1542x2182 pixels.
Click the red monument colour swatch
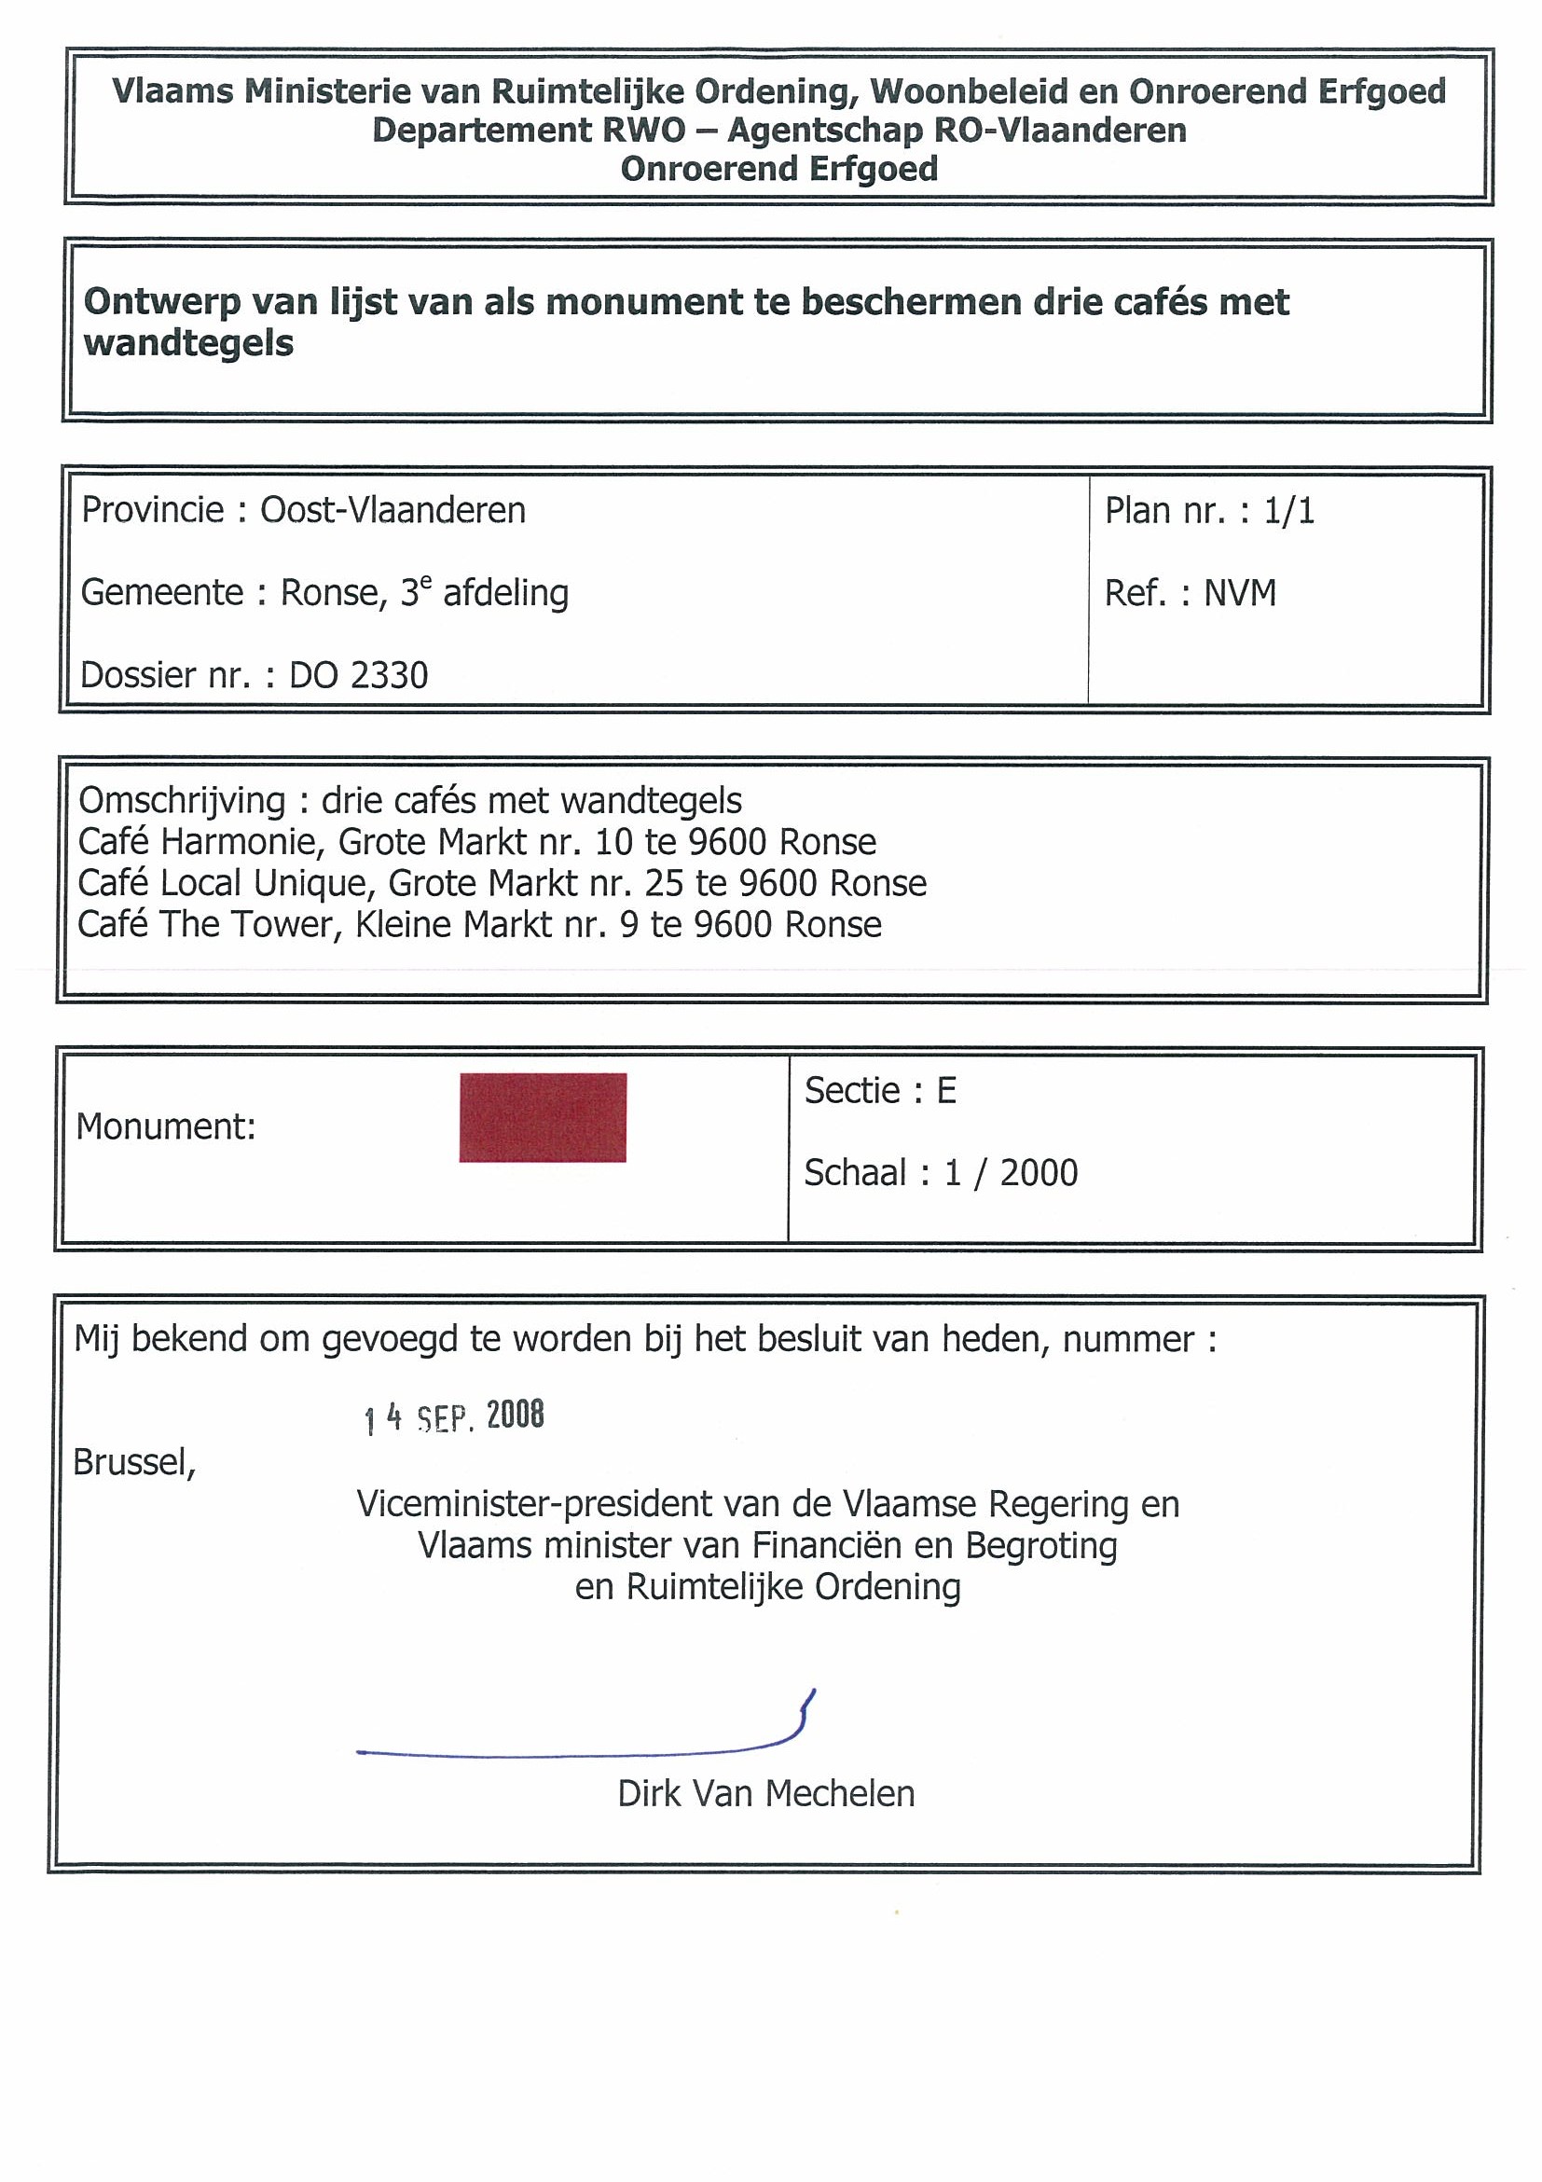(x=542, y=1117)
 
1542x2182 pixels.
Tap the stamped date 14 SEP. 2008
(x=454, y=1417)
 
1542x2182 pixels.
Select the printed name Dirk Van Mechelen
(x=765, y=1794)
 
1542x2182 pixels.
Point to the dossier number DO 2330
(x=358, y=676)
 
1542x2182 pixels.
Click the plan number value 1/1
(x=1288, y=511)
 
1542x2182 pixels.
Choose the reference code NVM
(x=1240, y=594)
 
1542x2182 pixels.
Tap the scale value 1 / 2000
(x=1010, y=1173)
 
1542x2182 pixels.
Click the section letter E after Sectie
(x=946, y=1091)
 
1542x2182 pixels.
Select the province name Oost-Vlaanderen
(x=392, y=510)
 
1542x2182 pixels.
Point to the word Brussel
(x=134, y=1462)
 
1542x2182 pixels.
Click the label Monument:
(x=166, y=1127)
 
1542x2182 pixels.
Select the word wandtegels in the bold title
(x=189, y=343)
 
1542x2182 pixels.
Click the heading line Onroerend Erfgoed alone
(x=779, y=169)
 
